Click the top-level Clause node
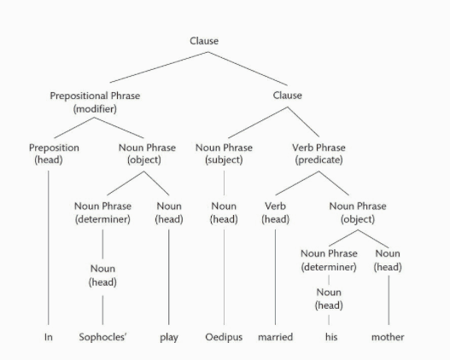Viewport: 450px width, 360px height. [204, 41]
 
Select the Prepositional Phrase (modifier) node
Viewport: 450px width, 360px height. [95, 102]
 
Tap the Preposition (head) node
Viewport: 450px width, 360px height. [54, 154]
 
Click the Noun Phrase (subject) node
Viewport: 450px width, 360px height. [224, 154]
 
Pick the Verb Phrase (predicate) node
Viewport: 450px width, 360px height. [319, 154]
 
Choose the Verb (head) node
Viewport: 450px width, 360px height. [275, 212]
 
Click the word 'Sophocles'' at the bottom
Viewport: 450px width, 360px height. [102, 337]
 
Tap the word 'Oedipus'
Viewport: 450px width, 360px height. [224, 337]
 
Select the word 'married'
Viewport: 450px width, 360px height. [275, 337]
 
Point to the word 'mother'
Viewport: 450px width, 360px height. [388, 337]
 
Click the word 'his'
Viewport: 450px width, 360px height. [331, 337]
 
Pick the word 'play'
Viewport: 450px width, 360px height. [169, 337]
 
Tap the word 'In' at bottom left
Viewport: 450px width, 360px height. [49, 337]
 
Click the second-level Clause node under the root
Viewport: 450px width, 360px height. [287, 96]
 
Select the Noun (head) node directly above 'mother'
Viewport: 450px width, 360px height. [388, 260]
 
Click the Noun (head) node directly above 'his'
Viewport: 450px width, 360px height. [329, 299]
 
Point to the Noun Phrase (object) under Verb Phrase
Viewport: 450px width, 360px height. [358, 212]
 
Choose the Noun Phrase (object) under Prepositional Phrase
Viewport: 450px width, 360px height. [147, 154]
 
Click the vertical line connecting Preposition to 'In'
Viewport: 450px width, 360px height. [48, 248]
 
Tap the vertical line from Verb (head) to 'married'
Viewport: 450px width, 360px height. [275, 277]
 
